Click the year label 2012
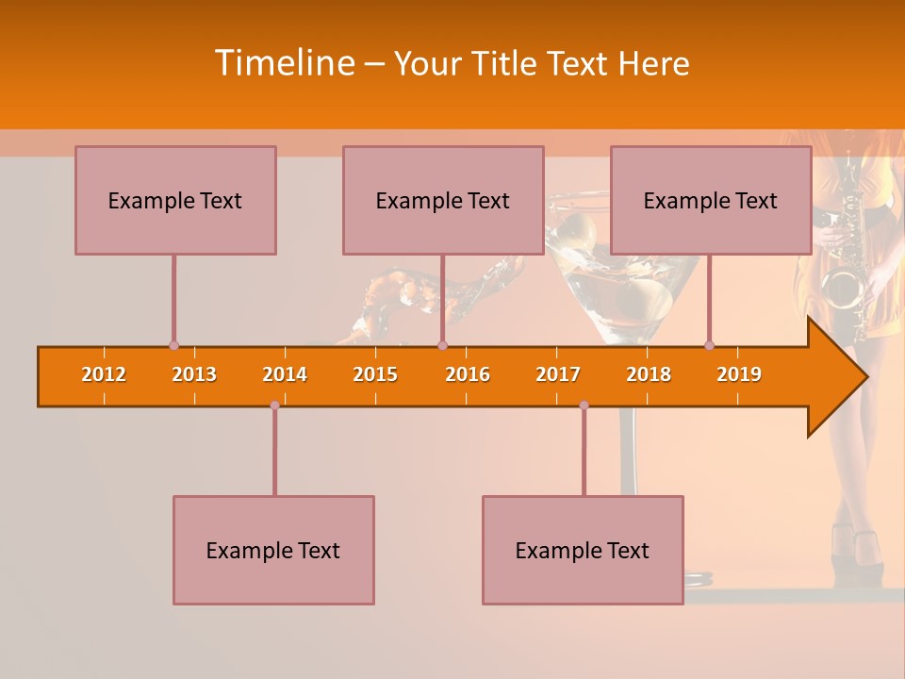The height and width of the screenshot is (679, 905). (104, 374)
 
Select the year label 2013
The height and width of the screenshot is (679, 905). (194, 374)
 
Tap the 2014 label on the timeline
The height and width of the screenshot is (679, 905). (285, 374)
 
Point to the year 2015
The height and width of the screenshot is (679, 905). (375, 374)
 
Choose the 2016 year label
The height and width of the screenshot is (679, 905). (468, 374)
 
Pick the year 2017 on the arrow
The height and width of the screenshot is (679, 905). (558, 374)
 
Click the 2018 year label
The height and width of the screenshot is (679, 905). (649, 374)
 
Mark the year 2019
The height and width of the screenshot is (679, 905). (739, 374)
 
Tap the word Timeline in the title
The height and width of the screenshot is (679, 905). (284, 63)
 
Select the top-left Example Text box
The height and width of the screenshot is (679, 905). (175, 200)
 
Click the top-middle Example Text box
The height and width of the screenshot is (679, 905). (443, 200)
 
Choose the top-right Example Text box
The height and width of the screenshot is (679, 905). (711, 200)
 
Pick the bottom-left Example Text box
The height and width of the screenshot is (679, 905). (273, 550)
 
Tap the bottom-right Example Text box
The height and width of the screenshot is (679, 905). (583, 550)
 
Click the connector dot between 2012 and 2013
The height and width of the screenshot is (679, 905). (173, 345)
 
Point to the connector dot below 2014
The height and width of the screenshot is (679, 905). (274, 406)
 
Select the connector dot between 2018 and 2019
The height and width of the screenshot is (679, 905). (709, 345)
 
